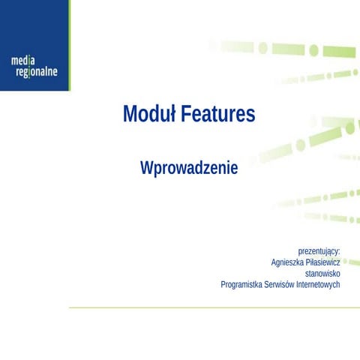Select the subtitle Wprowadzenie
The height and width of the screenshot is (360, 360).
tap(189, 168)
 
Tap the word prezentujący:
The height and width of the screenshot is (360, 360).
tap(319, 250)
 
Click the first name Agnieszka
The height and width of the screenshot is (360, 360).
tap(288, 262)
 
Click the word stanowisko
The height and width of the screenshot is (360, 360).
tap(322, 274)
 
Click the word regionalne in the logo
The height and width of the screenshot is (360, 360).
tap(36, 72)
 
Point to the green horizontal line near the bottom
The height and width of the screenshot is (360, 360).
tap(210, 307)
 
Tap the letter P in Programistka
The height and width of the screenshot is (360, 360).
tap(223, 285)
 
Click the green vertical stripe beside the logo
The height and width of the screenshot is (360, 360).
tap(69, 45)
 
